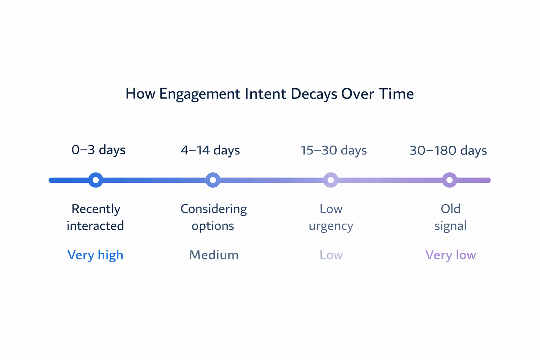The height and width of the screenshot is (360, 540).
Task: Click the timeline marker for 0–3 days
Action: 96,180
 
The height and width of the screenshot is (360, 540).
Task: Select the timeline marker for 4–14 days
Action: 213,180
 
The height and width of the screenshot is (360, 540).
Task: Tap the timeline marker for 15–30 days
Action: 330,180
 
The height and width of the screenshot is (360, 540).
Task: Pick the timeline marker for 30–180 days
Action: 449,180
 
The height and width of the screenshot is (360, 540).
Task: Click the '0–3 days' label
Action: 98,150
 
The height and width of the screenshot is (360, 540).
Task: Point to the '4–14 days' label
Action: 210,150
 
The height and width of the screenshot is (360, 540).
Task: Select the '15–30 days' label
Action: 333,150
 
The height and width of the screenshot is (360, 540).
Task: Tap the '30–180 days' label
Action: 448,150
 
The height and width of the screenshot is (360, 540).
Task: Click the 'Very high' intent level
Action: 95,255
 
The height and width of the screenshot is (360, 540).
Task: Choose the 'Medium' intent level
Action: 214,255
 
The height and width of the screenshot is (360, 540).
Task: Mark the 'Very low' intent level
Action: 450,255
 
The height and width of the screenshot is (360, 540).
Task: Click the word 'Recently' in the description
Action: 96,209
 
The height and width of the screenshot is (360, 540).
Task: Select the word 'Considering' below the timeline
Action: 213,209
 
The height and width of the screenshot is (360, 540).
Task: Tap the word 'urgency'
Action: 331,226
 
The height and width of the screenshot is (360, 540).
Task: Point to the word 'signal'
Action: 450,226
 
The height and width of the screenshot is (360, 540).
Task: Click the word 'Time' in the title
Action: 396,94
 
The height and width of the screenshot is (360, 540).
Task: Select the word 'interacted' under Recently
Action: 95,226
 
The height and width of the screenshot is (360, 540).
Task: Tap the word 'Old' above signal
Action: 450,209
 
